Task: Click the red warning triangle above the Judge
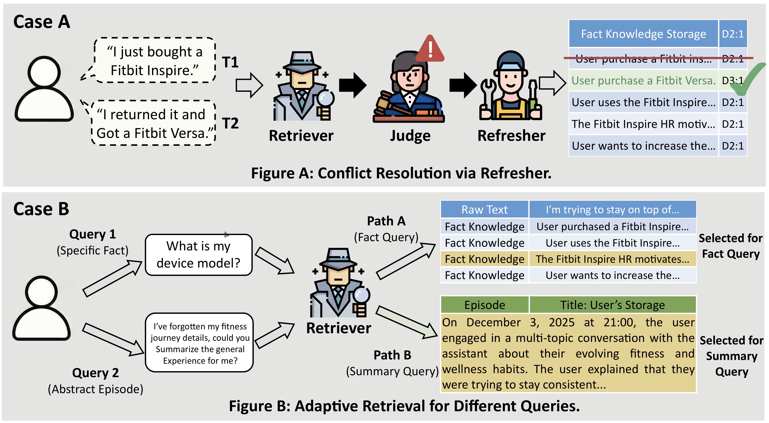click(x=430, y=49)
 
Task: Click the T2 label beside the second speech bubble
click(x=230, y=123)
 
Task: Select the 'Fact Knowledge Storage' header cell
click(x=643, y=34)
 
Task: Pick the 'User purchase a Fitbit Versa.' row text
click(x=643, y=81)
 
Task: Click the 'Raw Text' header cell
click(x=485, y=210)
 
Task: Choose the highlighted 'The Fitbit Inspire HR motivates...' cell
click(x=613, y=259)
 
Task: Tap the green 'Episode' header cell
click(x=485, y=305)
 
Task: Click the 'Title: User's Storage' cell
click(x=613, y=305)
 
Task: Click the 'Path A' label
click(x=386, y=221)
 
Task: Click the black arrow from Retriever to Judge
click(x=353, y=85)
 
